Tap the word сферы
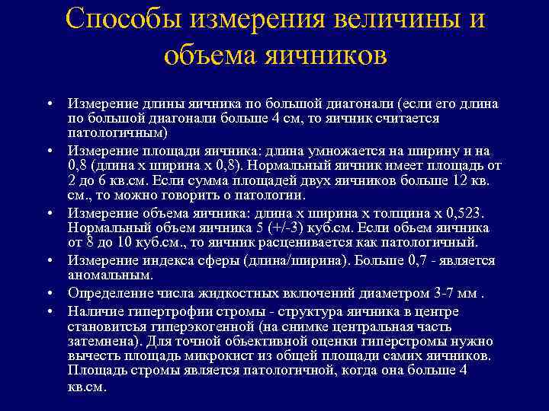coord(256,260)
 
